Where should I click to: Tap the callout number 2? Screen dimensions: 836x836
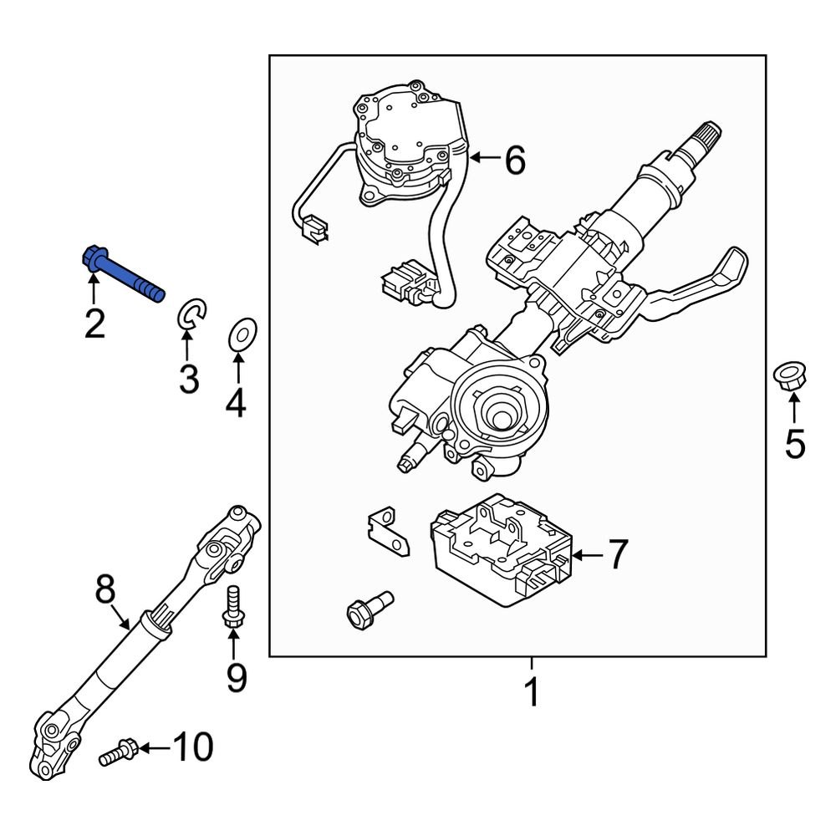pyautogui.click(x=94, y=324)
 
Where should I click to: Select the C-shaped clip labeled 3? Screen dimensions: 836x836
pyautogui.click(x=192, y=316)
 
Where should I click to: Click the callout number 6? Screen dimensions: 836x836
pyautogui.click(x=514, y=160)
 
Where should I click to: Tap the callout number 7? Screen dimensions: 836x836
pyautogui.click(x=616, y=555)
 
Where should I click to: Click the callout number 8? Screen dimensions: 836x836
pyautogui.click(x=104, y=591)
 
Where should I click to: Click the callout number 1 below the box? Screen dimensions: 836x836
pyautogui.click(x=531, y=692)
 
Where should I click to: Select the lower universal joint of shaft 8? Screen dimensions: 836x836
pyautogui.click(x=54, y=739)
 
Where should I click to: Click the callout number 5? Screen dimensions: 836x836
pyautogui.click(x=793, y=443)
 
